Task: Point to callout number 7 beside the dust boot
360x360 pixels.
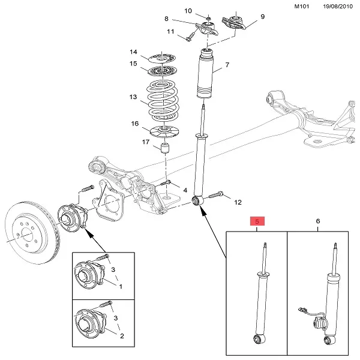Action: (227, 65)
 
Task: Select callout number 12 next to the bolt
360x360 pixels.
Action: (236, 202)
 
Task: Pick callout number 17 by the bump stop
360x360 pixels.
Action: (146, 142)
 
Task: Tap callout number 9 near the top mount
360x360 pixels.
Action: (262, 17)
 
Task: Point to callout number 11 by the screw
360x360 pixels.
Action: (170, 32)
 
